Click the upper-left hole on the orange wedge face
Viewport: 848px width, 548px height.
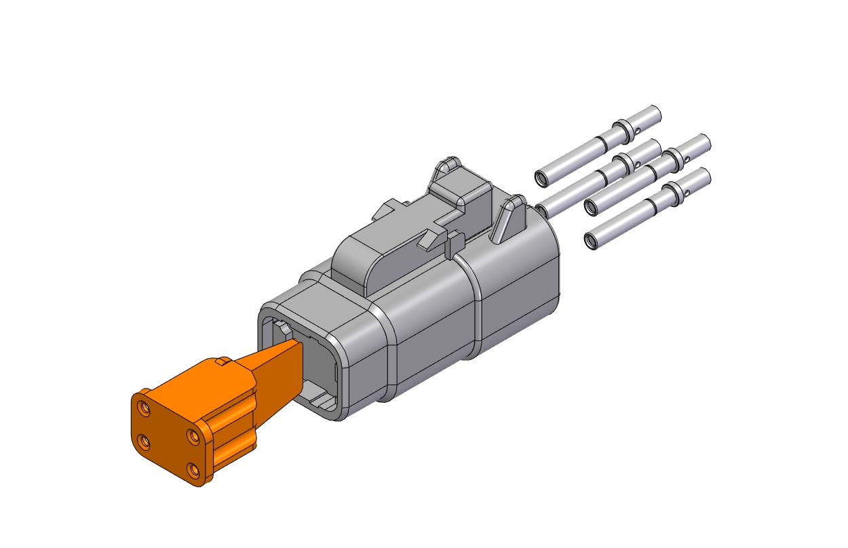pyautogui.click(x=144, y=408)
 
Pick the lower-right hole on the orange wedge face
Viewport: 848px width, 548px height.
pyautogui.click(x=193, y=469)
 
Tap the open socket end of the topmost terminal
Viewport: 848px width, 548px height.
pyautogui.click(x=541, y=179)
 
